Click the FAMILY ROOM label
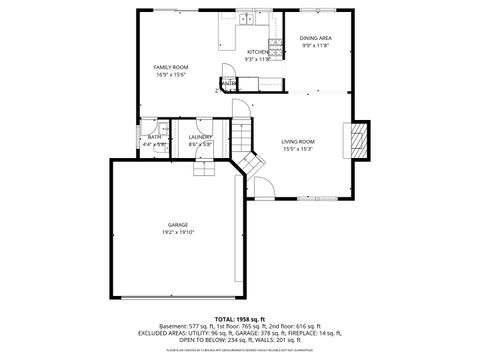(x=171, y=67)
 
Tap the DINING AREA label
(x=316, y=38)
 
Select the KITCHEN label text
(x=258, y=52)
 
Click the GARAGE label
(x=178, y=225)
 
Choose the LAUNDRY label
(x=200, y=138)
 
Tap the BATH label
(x=154, y=138)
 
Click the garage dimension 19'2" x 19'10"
(x=178, y=232)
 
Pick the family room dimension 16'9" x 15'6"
(x=171, y=74)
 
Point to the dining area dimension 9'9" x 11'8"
(x=316, y=45)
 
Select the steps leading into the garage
(x=204, y=167)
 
